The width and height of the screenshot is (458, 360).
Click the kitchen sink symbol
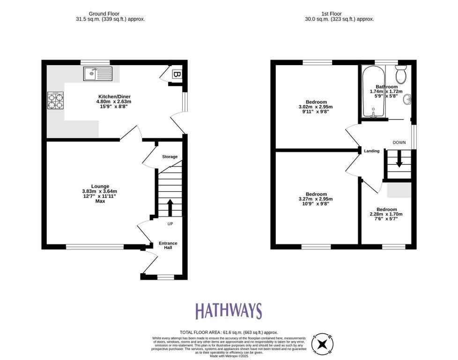tap(98, 74)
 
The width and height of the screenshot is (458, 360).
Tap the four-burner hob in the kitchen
tap(55, 100)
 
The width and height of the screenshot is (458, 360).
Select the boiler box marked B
tap(177, 74)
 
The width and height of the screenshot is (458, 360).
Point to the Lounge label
tap(101, 186)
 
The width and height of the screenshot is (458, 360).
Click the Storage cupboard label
tap(170, 157)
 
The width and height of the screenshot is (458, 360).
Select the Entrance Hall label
tap(168, 245)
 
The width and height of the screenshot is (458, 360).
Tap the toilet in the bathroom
tap(400, 74)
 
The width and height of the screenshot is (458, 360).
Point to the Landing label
tap(372, 151)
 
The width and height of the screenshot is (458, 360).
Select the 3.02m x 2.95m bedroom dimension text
tap(316, 107)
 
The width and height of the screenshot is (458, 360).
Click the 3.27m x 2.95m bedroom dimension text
tap(316, 199)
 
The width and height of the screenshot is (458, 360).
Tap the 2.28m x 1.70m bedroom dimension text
tap(386, 214)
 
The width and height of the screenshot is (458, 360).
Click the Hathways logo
tap(228, 311)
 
